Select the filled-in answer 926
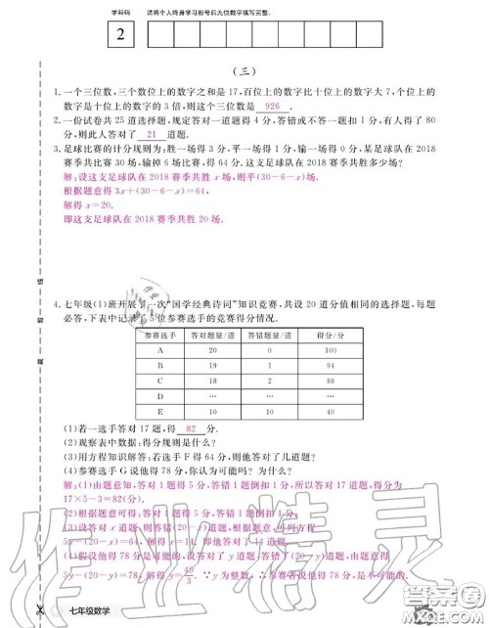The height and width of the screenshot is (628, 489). pos(273,105)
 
